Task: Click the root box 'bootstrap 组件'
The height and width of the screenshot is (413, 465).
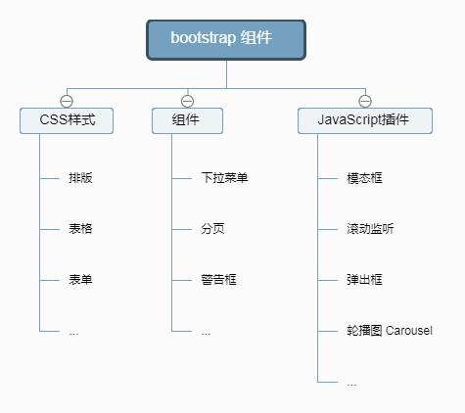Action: point(226,39)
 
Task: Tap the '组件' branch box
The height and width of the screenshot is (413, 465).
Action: point(187,121)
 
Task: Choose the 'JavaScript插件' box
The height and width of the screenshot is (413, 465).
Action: point(364,121)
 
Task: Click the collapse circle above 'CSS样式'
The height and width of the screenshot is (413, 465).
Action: point(67,101)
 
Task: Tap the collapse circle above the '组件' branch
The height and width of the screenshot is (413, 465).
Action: point(187,101)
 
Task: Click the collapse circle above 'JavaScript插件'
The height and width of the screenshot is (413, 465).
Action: point(364,101)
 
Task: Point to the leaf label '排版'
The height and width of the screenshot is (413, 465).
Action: point(80,178)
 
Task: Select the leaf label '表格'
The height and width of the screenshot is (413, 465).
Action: point(80,229)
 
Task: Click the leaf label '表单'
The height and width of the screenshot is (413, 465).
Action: point(80,280)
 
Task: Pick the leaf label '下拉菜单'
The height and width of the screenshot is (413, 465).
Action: point(224,178)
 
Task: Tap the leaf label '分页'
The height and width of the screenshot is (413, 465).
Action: point(212,229)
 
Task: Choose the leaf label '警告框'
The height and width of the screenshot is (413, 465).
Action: point(218,280)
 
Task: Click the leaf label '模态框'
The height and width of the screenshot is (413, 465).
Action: point(364,178)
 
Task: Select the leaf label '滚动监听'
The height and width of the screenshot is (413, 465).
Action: point(370,229)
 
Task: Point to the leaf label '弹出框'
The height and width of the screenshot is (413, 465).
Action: point(364,280)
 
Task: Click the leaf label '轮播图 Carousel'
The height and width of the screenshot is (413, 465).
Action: point(389,331)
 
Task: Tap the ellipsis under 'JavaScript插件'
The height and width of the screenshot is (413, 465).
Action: point(351,383)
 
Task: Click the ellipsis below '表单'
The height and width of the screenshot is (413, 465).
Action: point(73,332)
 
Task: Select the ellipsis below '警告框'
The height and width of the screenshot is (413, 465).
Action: point(206,332)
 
